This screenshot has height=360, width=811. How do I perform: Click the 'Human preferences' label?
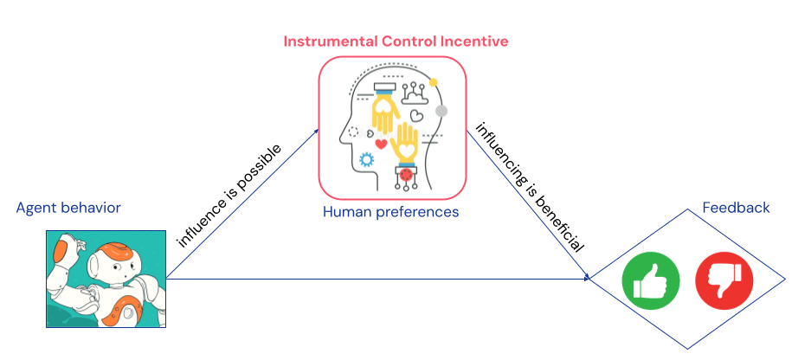click(x=390, y=210)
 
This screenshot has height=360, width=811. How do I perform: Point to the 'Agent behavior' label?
click(x=68, y=208)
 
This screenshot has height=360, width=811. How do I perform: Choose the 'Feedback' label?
click(x=735, y=209)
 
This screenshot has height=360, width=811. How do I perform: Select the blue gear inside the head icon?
click(x=366, y=159)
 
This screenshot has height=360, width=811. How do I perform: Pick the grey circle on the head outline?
click(x=441, y=111)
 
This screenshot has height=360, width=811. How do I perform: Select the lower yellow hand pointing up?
click(x=406, y=144)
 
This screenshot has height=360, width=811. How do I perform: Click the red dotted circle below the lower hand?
click(x=404, y=177)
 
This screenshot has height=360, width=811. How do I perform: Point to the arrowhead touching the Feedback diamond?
click(x=588, y=279)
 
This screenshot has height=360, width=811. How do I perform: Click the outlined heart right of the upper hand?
click(x=417, y=113)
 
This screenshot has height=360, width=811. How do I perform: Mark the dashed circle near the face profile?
click(x=353, y=132)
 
